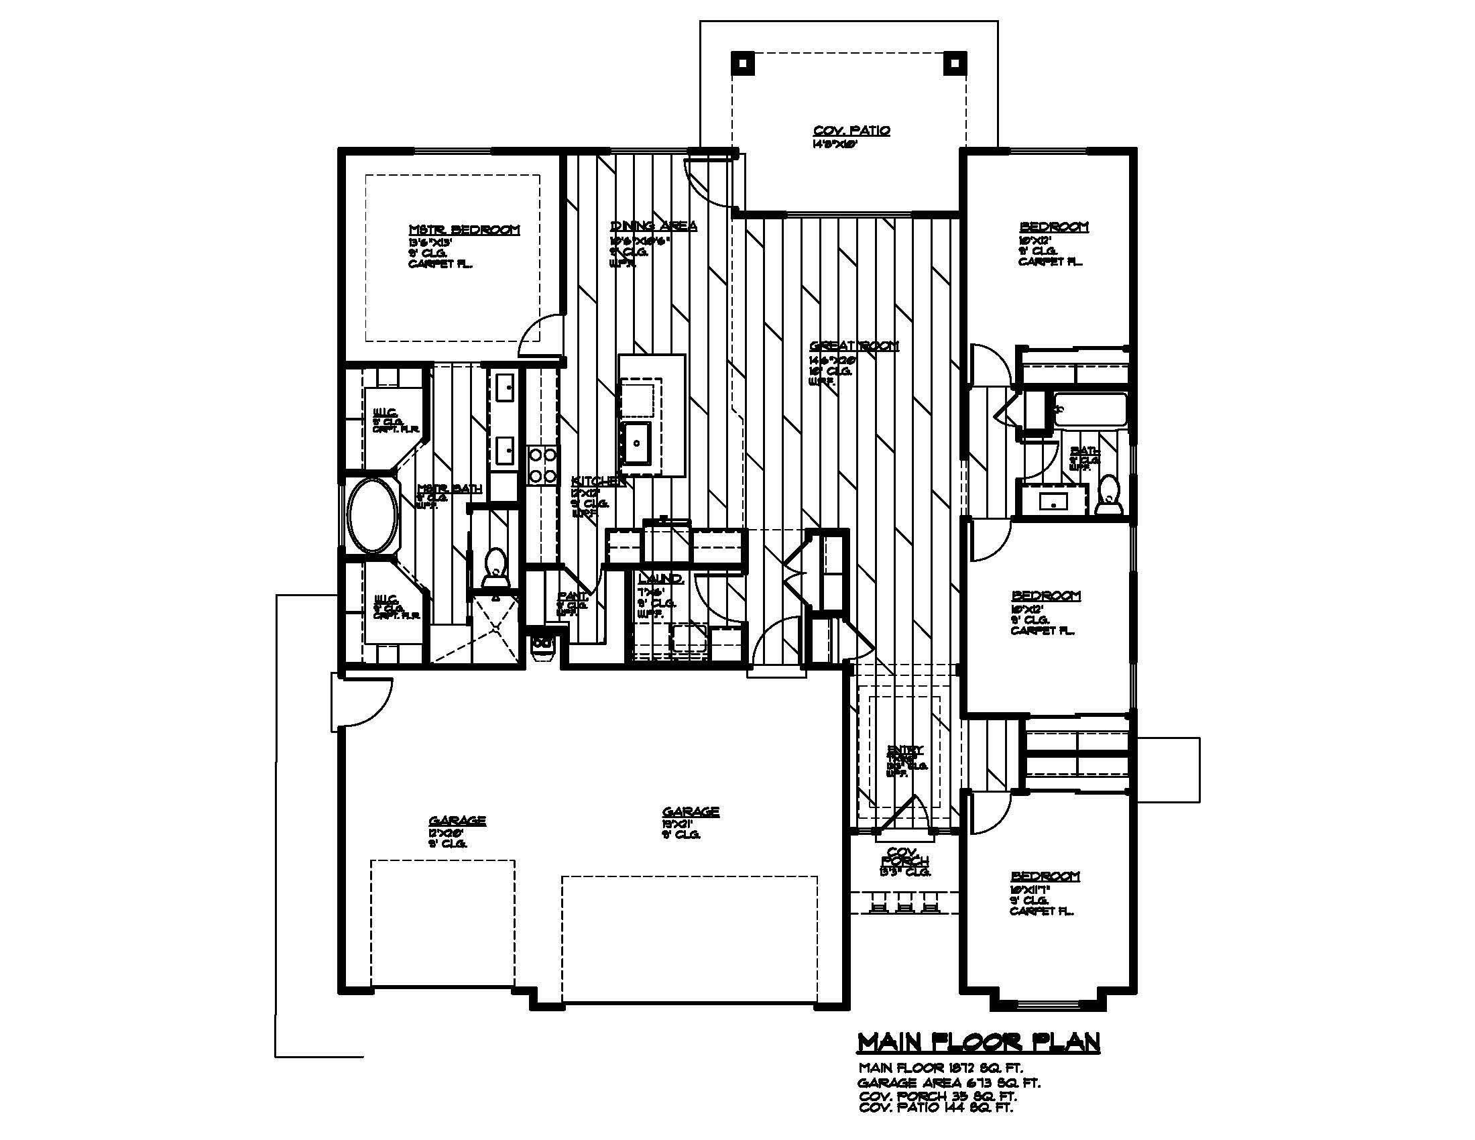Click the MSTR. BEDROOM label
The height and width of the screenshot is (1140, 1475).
[465, 229]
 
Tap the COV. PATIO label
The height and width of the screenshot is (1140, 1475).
[851, 130]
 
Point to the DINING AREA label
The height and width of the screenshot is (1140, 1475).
[653, 225]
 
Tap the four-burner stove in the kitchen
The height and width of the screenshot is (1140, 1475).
[542, 465]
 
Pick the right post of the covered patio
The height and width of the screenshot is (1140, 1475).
[953, 64]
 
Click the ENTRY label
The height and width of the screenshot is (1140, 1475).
[905, 750]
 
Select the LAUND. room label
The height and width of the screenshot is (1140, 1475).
[660, 579]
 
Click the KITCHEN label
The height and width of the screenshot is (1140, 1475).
[597, 481]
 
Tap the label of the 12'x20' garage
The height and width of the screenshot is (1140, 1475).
[457, 821]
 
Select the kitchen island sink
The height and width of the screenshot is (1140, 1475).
[636, 443]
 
